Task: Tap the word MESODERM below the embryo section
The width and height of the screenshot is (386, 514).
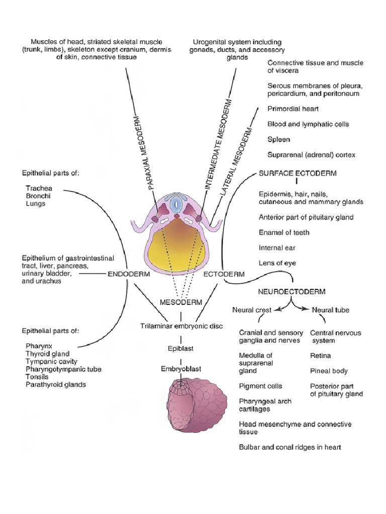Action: click(x=181, y=302)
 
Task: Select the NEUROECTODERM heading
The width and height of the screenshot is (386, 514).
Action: click(x=292, y=291)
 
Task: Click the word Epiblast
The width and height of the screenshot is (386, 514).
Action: click(x=181, y=348)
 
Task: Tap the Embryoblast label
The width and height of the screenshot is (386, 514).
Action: click(x=181, y=368)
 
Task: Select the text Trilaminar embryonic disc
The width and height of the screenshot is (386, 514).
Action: click(x=181, y=326)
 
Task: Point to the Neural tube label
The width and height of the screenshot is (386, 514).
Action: click(x=330, y=310)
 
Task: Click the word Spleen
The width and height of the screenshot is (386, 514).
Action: click(x=279, y=139)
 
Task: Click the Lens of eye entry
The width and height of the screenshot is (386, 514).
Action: click(x=277, y=263)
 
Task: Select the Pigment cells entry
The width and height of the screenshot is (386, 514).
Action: click(x=260, y=386)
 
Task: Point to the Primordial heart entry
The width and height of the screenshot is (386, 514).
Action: click(x=293, y=108)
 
